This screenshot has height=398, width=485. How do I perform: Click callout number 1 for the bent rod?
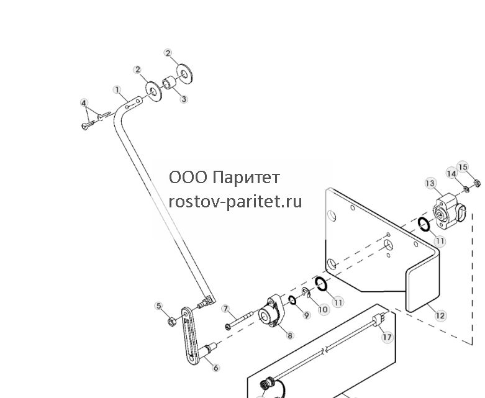click(117, 90)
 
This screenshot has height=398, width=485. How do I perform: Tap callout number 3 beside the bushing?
click(184, 99)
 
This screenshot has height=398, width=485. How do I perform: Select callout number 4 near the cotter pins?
click(84, 102)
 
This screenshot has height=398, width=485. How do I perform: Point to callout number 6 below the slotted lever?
click(216, 368)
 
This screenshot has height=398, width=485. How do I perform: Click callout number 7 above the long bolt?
click(226, 309)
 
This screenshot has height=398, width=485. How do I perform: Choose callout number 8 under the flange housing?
click(290, 335)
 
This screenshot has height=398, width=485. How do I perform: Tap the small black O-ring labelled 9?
click(292, 300)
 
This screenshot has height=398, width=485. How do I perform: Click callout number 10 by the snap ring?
click(323, 309)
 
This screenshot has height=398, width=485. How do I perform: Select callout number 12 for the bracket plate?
click(440, 315)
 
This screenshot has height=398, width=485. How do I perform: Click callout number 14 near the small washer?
click(451, 173)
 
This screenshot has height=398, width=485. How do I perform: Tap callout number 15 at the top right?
click(463, 167)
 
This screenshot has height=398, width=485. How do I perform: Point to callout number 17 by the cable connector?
click(387, 337)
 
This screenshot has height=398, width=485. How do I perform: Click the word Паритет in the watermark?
click(247, 178)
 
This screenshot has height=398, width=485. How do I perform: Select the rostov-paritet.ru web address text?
click(235, 202)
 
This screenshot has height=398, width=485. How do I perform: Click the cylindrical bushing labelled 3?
click(169, 83)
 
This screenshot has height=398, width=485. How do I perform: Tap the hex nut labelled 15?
click(477, 184)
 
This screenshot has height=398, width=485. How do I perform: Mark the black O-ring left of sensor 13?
click(424, 224)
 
